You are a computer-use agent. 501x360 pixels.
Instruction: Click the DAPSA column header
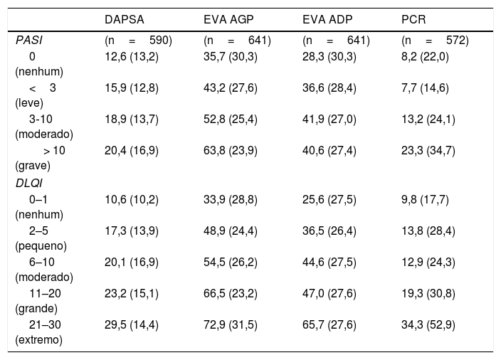[x=125, y=19]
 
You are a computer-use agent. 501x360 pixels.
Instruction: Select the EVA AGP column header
[x=228, y=19]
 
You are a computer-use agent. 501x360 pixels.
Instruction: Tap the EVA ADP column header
[x=327, y=19]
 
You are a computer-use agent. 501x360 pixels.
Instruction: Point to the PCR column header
[x=413, y=19]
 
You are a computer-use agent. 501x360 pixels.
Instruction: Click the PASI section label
[x=28, y=41]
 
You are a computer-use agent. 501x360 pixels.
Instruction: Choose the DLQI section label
[x=28, y=184]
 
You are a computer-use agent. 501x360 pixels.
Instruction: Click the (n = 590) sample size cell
[x=138, y=41]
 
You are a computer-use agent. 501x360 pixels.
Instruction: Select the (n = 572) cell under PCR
[x=435, y=41]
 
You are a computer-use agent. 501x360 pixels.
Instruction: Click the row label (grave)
[x=33, y=166]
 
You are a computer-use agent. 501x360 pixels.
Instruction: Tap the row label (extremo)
[x=38, y=339]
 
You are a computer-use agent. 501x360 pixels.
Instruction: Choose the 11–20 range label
[x=45, y=293]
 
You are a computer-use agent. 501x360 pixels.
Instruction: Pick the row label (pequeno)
[x=41, y=246]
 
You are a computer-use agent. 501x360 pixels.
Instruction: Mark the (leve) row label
[x=29, y=103]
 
